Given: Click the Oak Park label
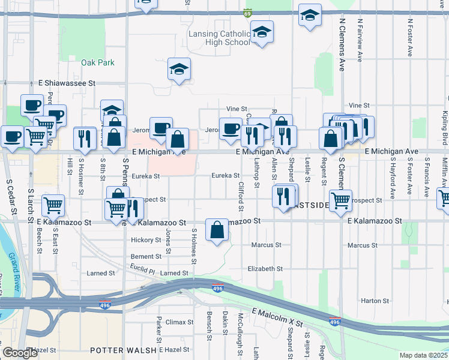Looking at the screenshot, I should point(97,62).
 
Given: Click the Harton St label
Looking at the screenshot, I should point(375,301).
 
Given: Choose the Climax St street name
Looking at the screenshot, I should point(179,322).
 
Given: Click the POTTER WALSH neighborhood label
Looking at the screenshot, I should point(123,350).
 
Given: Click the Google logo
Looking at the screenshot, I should point(20,353).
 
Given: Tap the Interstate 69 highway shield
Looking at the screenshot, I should point(248,13).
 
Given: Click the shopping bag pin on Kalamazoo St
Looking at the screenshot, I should point(217,230).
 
